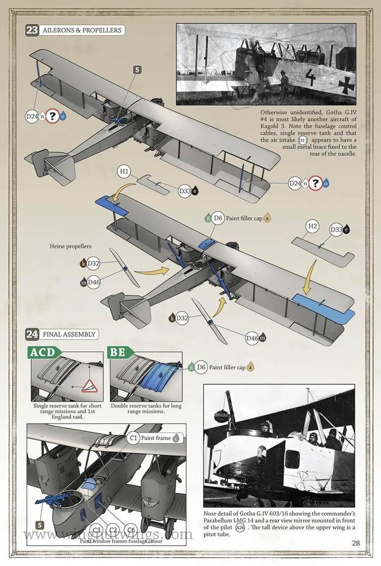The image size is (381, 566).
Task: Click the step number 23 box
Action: pyautogui.click(x=32, y=30)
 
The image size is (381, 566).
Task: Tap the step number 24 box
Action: pyautogui.click(x=32, y=334)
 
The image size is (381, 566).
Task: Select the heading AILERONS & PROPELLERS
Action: pyautogui.click(x=82, y=30)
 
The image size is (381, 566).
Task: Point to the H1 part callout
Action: pyautogui.click(x=124, y=172)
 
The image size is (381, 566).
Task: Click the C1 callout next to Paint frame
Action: pyautogui.click(x=134, y=437)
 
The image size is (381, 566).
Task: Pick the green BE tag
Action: pyautogui.click(x=120, y=352)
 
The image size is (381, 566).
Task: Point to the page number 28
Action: pyautogui.click(x=356, y=543)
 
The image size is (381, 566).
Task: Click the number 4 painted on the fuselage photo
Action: pyautogui.click(x=311, y=79)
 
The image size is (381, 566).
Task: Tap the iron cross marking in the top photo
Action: pyautogui.click(x=347, y=83)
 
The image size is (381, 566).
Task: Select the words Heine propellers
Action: pyautogui.click(x=70, y=246)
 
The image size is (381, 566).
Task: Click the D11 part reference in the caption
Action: pyautogui.click(x=303, y=140)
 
